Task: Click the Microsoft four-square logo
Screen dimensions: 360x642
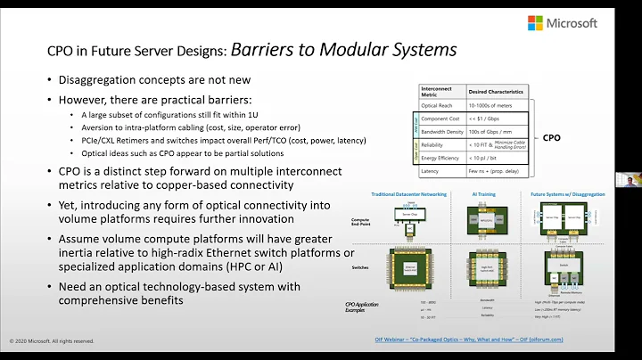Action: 536,23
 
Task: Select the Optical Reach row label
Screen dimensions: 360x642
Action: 440,107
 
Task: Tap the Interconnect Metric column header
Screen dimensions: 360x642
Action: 443,92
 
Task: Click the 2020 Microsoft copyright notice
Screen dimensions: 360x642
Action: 51,340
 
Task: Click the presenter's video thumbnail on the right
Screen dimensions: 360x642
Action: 631,179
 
